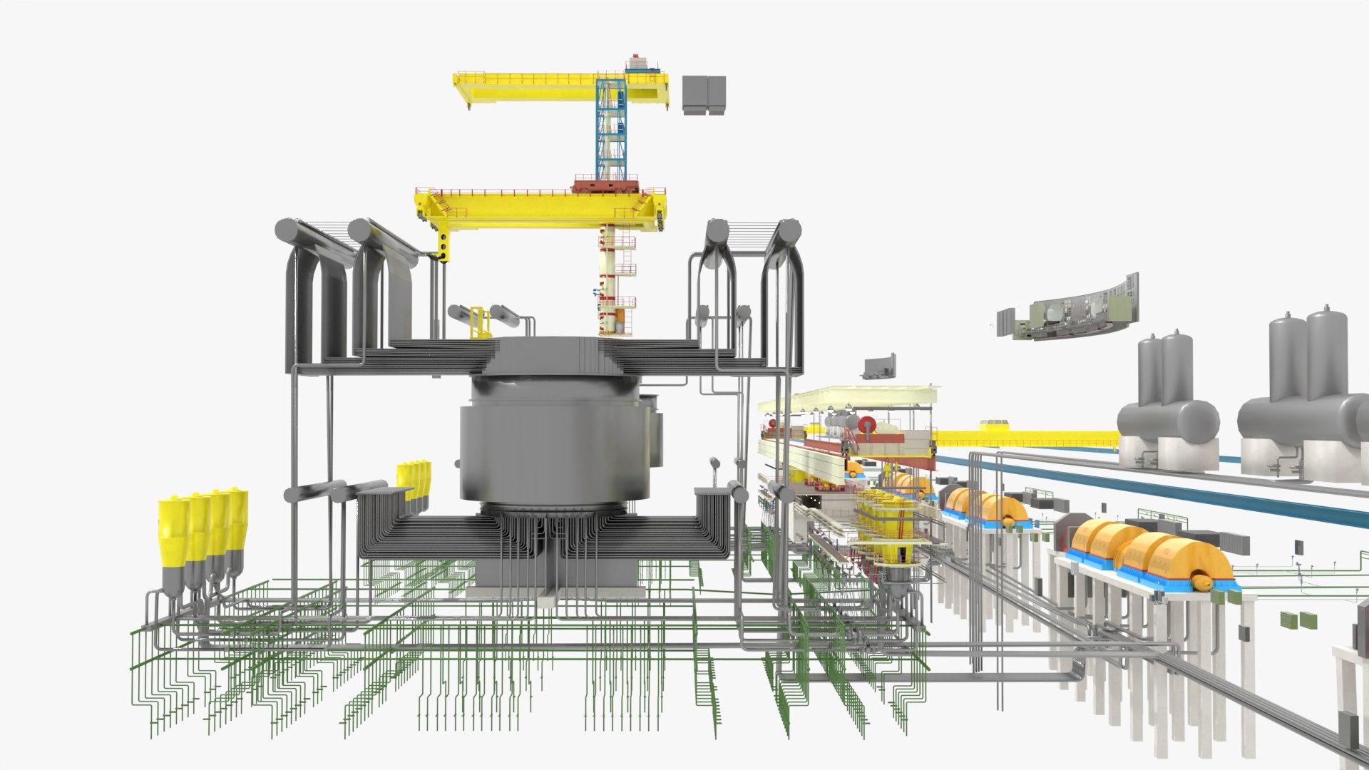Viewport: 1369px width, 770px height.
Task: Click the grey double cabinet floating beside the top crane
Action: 704,94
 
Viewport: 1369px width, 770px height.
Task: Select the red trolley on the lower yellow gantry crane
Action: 605,188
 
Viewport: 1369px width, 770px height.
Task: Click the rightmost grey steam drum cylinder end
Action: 789,231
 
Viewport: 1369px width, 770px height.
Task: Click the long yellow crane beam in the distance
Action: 1027,436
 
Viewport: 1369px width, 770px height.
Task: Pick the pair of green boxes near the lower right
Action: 1298,620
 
